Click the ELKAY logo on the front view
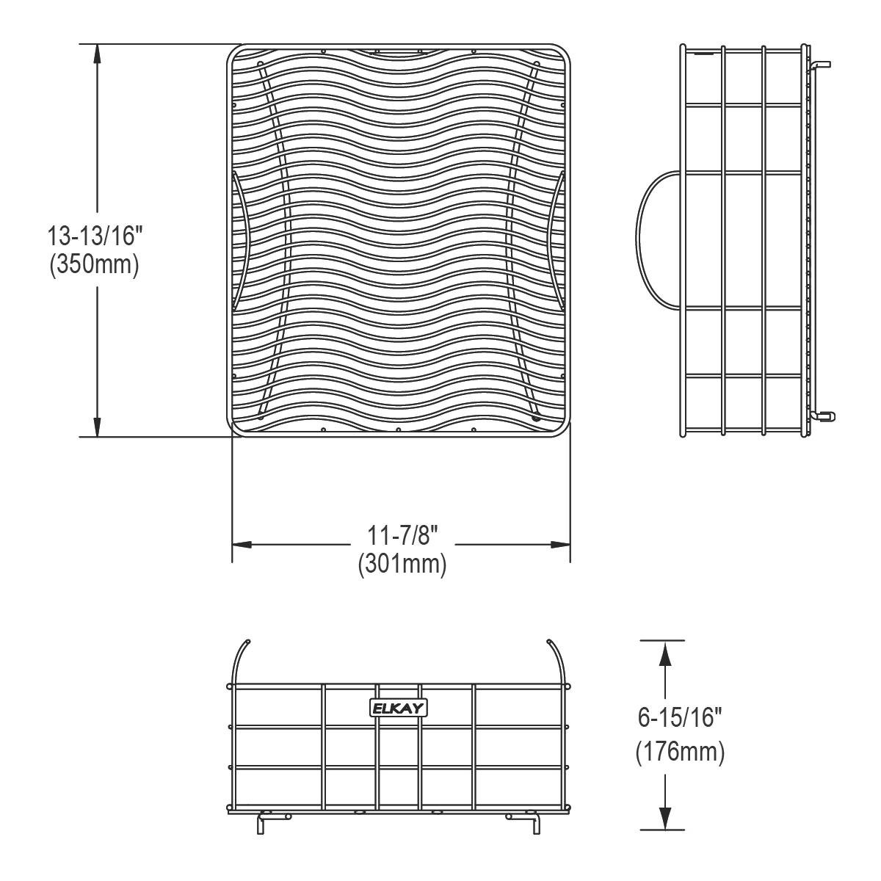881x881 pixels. [x=399, y=708]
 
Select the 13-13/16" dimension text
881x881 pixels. [x=94, y=236]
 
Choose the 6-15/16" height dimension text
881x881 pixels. [x=680, y=718]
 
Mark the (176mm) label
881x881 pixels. [x=680, y=752]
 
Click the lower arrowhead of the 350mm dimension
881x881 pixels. [x=96, y=427]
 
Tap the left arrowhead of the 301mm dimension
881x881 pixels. [x=242, y=545]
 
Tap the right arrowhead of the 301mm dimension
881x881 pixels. [x=561, y=545]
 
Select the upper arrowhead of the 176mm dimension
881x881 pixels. [x=664, y=651]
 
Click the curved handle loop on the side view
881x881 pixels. [x=646, y=239]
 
